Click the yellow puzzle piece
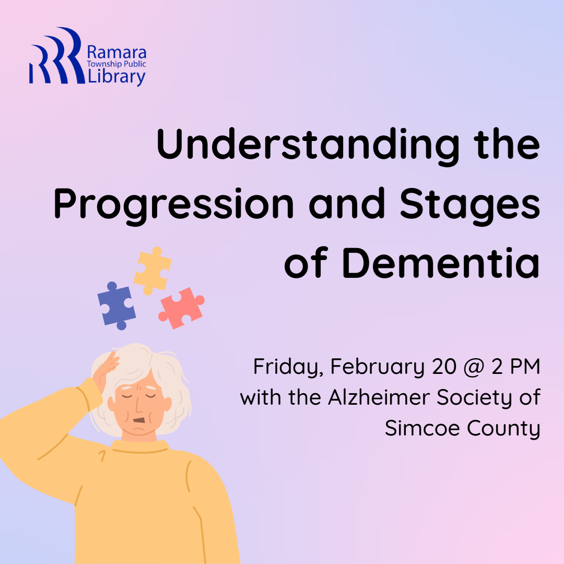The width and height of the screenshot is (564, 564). coord(152,271)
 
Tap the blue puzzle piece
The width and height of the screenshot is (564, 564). coord(116,305)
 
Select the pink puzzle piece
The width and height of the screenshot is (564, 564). coord(182,308)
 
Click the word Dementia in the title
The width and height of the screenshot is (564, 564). coord(441,263)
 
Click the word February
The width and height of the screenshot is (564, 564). coord(378,367)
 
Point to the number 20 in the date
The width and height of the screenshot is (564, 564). coord(444,367)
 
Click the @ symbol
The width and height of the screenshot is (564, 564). coord(474,367)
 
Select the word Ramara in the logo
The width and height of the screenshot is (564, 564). coord(116,53)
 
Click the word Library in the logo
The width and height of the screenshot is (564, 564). coord(116,77)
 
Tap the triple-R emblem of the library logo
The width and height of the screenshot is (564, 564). coord(57,55)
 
